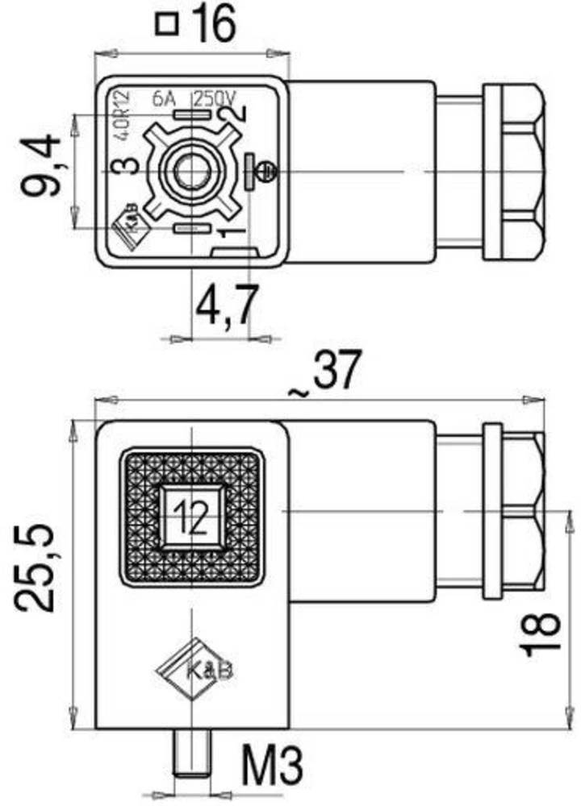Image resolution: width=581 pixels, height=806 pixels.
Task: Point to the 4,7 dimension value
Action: pos(228,308)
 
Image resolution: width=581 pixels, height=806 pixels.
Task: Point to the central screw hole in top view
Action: pos(191,171)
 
